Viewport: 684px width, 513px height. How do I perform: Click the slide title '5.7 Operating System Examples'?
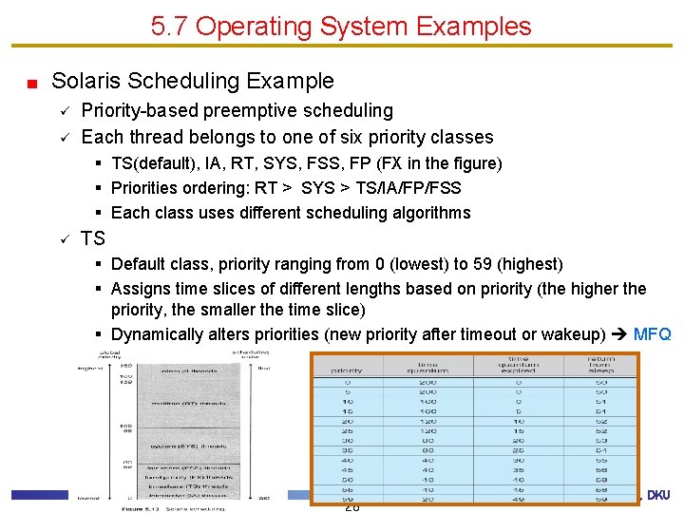coord(341,26)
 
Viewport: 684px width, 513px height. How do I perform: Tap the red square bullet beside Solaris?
coord(31,84)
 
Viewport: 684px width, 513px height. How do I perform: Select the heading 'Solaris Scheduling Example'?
coord(193,82)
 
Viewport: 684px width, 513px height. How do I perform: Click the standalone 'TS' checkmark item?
coord(93,237)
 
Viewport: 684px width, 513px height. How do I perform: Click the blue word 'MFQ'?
coord(652,334)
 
